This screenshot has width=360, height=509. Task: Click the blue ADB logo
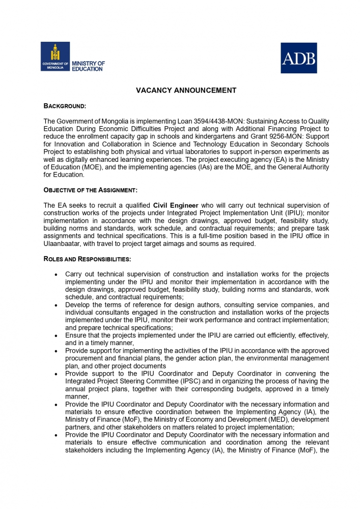[x=299, y=58]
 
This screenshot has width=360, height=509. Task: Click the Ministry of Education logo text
[x=88, y=66]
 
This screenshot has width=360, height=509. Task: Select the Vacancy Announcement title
[x=186, y=91]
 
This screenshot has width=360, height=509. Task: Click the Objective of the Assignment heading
[x=90, y=190]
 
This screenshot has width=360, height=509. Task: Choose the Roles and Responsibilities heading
[x=87, y=259]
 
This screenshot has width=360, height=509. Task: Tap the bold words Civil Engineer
[x=176, y=206]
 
